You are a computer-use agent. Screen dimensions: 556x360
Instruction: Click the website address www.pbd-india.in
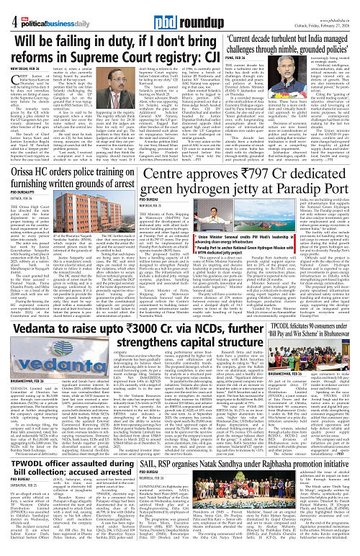[332, 4]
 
